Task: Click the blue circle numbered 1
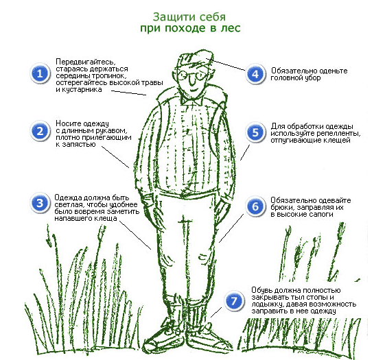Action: coord(40,73)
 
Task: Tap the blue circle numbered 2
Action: coord(40,131)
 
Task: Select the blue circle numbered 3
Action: coord(40,203)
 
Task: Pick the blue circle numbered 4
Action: coord(255,74)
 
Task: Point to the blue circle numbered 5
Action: coord(255,132)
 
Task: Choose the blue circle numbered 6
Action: coord(255,206)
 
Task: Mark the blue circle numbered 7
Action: coord(234,300)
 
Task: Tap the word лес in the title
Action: coord(231,28)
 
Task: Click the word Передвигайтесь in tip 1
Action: coord(86,62)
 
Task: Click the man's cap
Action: coord(194,59)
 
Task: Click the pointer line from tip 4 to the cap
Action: coord(226,64)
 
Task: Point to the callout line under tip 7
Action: coord(216,312)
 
